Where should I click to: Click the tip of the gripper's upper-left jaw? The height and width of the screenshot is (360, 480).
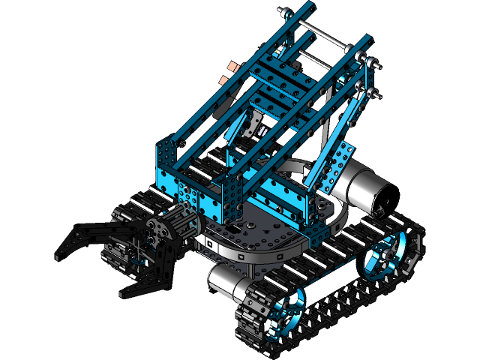60,255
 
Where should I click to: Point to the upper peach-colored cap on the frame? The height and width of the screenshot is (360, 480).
234,67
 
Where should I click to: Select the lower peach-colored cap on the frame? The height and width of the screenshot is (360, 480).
223,79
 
